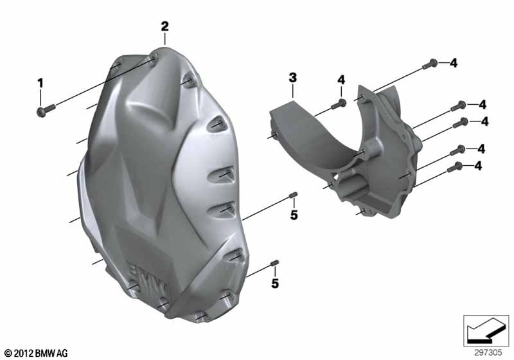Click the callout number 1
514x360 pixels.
[x=40, y=84]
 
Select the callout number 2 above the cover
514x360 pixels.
[x=164, y=26]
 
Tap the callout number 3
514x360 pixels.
[x=293, y=78]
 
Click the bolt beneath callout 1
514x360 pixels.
[x=46, y=109]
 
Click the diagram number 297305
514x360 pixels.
[x=488, y=353]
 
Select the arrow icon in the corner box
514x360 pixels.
[x=486, y=330]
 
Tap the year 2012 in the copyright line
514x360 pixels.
[x=22, y=354]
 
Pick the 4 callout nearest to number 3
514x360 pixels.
[x=341, y=80]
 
